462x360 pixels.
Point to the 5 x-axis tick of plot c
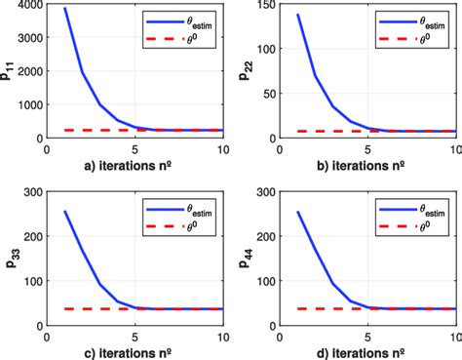[136, 337]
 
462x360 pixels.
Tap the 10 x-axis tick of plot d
[455, 337]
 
